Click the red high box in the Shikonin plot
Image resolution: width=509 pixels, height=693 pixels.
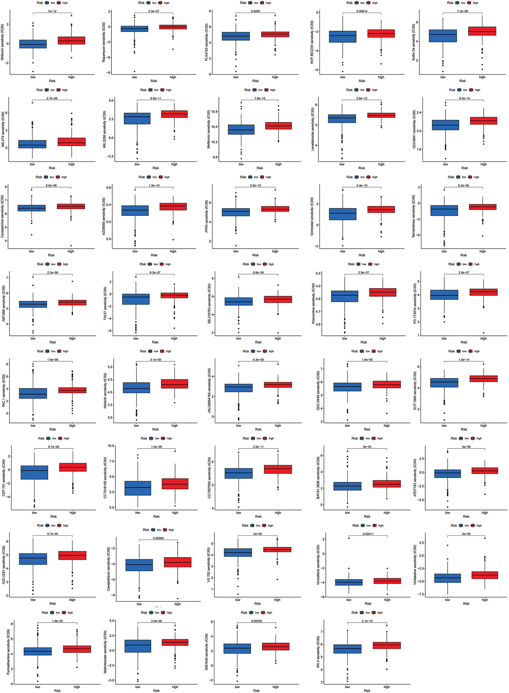(x=71, y=40)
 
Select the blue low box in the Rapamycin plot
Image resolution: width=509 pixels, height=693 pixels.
(x=134, y=29)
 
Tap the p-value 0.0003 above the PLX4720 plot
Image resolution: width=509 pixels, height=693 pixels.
(x=255, y=11)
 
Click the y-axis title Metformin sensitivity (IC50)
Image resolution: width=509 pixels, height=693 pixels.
(x=208, y=129)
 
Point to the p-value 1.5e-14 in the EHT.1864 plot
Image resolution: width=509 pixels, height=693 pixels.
(x=464, y=359)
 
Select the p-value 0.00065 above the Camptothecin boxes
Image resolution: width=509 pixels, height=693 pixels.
(x=158, y=538)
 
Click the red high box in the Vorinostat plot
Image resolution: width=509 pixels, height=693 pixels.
(x=381, y=210)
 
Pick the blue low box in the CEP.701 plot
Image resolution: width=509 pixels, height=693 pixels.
(x=34, y=472)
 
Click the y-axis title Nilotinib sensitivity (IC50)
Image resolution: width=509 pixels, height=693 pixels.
(x=105, y=391)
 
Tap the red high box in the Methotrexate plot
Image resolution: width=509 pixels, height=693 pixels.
(x=175, y=642)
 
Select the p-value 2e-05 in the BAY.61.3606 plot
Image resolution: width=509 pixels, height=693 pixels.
(x=367, y=447)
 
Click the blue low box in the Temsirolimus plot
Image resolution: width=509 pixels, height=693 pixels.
(x=444, y=210)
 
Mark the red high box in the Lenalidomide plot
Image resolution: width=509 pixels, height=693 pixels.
(x=381, y=115)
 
